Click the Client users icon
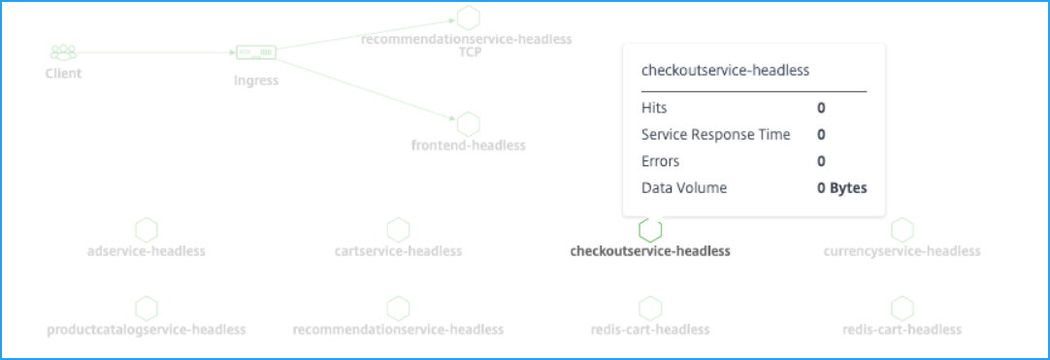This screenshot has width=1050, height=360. (x=64, y=52)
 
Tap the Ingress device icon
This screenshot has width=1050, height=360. (x=256, y=52)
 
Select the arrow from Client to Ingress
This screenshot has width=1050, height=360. (x=156, y=52)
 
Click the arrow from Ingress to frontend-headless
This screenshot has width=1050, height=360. (x=366, y=89)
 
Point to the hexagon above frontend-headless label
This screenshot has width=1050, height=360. (x=468, y=124)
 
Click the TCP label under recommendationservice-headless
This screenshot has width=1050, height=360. (x=470, y=52)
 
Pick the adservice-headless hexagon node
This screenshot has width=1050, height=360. (x=146, y=230)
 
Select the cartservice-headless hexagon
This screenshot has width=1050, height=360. (x=398, y=230)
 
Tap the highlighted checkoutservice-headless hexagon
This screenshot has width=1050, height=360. (x=650, y=231)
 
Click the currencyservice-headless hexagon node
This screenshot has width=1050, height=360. (x=902, y=230)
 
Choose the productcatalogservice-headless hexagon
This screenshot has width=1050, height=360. (x=146, y=309)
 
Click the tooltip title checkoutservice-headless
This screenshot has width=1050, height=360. (x=725, y=70)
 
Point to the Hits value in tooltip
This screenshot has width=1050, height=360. (x=821, y=108)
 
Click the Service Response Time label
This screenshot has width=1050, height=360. (x=716, y=135)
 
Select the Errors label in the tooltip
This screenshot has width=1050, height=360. (x=660, y=161)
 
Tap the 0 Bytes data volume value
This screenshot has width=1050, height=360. (x=841, y=188)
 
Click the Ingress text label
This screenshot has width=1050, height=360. (x=256, y=81)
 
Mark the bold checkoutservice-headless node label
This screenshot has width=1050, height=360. (x=650, y=251)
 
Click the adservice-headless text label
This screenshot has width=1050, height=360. (x=146, y=251)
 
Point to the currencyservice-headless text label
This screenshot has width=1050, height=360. (x=902, y=251)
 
